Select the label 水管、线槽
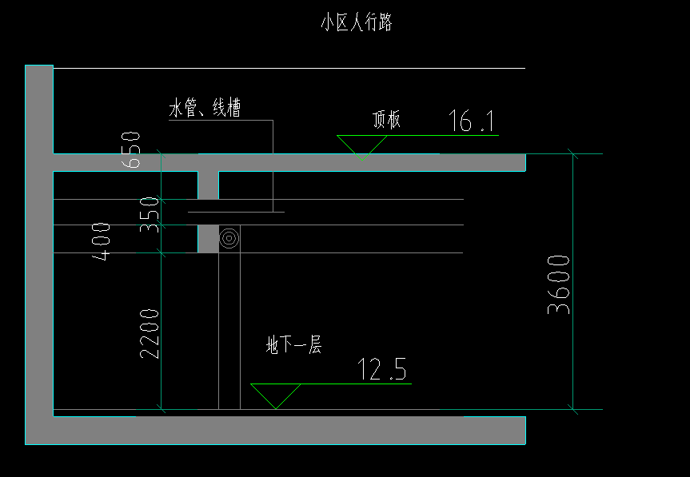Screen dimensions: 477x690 (205, 109)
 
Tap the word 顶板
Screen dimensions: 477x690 (386, 120)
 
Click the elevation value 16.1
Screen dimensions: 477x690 (473, 121)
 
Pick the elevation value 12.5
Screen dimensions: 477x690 (381, 370)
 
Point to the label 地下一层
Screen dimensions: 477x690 (293, 346)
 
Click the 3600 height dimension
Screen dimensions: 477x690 (559, 284)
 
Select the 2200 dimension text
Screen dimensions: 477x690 (150, 332)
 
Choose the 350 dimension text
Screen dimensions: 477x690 (150, 214)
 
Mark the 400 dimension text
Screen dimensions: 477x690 (102, 241)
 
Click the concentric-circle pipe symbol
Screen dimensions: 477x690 (229, 238)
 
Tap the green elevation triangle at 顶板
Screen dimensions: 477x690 (361, 147)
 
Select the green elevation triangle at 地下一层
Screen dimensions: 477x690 (275, 395)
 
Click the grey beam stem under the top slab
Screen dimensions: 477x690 (208, 185)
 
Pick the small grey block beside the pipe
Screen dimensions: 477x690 (207, 239)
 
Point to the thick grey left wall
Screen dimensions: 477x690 (38, 240)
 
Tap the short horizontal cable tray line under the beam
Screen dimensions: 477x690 (236, 212)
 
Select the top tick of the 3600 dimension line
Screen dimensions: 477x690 (573, 153)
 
